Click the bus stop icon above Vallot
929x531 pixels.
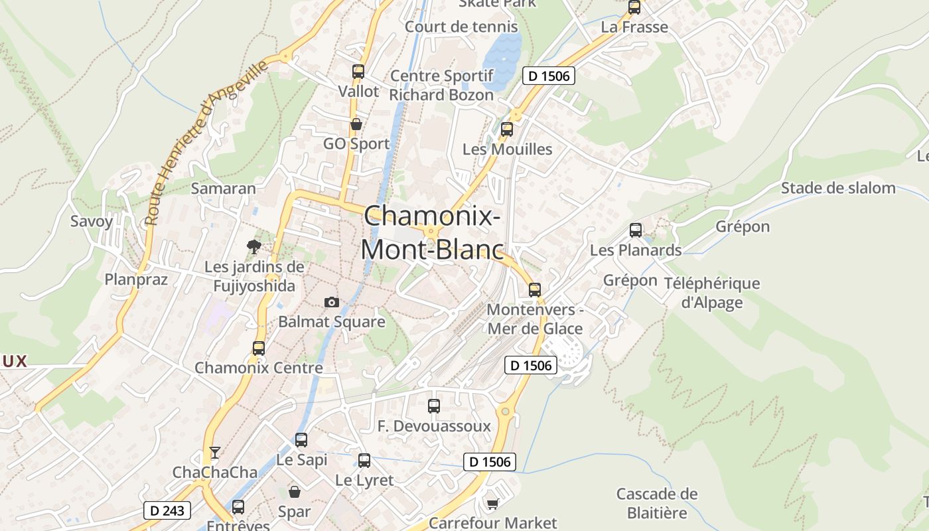pyautogui.click(x=358, y=72)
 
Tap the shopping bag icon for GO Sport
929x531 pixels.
pyautogui.click(x=356, y=124)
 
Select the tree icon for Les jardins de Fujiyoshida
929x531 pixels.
pyautogui.click(x=253, y=247)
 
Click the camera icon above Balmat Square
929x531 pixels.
pyautogui.click(x=332, y=303)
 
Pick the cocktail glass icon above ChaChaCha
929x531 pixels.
pyautogui.click(x=214, y=453)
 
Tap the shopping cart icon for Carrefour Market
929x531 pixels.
pyautogui.click(x=492, y=504)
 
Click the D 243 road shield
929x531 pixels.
pyautogui.click(x=167, y=510)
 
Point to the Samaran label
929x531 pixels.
pyautogui.click(x=223, y=189)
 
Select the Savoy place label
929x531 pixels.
pyautogui.click(x=92, y=221)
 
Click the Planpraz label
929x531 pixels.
pyautogui.click(x=136, y=279)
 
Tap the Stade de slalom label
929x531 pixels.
pyautogui.click(x=838, y=188)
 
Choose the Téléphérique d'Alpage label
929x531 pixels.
pyautogui.click(x=712, y=293)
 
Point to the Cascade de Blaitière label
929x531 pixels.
pyautogui.click(x=657, y=503)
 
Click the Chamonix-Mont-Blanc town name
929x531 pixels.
pyautogui.click(x=431, y=232)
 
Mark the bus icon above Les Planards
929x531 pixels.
pyautogui.click(x=636, y=230)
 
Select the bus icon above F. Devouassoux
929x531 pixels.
pyautogui.click(x=434, y=406)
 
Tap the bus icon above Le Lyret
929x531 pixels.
pyautogui.click(x=364, y=461)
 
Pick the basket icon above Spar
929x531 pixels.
pyautogui.click(x=295, y=492)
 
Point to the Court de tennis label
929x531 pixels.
pyautogui.click(x=461, y=27)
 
